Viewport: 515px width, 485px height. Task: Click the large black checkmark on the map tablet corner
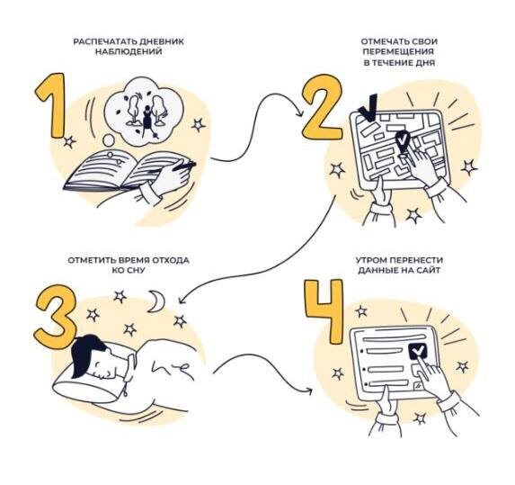pyautogui.click(x=368, y=109)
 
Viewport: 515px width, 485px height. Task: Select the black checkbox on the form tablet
pyautogui.click(x=417, y=352)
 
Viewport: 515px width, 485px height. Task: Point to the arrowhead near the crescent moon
pyautogui.click(x=182, y=301)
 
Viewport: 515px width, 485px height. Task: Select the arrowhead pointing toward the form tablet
pyautogui.click(x=309, y=391)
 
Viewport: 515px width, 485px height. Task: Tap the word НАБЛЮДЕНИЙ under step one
pyautogui.click(x=129, y=51)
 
